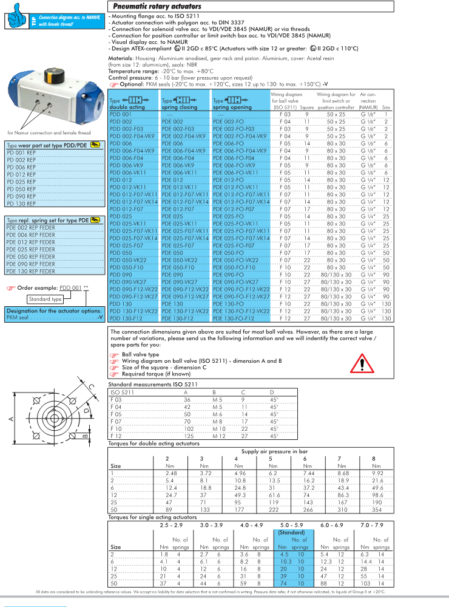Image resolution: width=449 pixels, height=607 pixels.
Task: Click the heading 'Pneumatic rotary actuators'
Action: pyautogui.click(x=157, y=6)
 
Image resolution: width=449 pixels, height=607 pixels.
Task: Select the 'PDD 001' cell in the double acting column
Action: pyautogui.click(x=120, y=114)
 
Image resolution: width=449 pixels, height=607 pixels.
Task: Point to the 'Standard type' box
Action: pyautogui.click(x=46, y=299)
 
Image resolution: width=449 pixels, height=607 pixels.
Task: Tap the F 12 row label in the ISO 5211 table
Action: pyautogui.click(x=116, y=436)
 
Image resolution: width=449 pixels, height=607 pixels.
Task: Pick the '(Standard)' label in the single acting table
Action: pyautogui.click(x=291, y=532)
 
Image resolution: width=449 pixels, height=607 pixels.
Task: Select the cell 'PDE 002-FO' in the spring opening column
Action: pyautogui.click(x=228, y=122)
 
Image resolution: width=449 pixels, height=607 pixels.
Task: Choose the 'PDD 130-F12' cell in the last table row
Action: pyautogui.click(x=126, y=318)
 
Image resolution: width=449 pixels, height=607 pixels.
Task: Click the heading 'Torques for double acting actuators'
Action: pyautogui.click(x=154, y=443)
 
